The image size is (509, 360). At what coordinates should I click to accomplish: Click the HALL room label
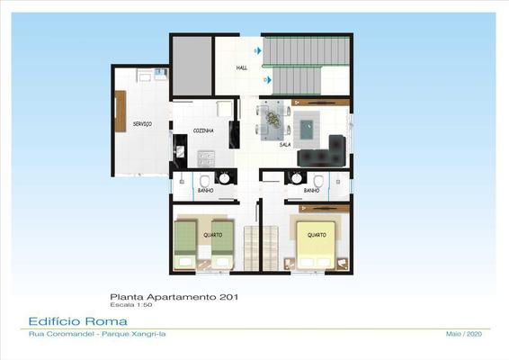[242, 67]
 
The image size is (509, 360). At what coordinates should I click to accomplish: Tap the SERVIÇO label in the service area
[142, 124]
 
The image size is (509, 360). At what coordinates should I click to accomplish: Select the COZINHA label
[203, 130]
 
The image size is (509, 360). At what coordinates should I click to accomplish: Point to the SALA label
[285, 145]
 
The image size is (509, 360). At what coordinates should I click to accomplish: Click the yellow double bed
[316, 245]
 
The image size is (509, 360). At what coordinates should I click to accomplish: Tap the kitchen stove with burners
[206, 158]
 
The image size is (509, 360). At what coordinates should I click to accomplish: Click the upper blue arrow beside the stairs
[258, 50]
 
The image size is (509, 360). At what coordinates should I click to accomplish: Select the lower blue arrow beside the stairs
[268, 79]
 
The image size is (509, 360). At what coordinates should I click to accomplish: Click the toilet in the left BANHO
[204, 181]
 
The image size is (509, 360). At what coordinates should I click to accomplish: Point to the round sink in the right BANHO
[296, 178]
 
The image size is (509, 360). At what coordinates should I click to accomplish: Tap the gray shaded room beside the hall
[192, 66]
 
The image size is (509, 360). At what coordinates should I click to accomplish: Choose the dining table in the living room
[272, 121]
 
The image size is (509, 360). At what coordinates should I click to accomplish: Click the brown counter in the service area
[121, 112]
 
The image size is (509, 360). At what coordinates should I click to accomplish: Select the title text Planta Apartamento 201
[174, 297]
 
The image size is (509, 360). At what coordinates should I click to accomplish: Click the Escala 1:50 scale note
[131, 305]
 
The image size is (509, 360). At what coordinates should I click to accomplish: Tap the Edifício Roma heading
[78, 321]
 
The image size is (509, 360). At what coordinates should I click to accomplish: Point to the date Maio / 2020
[464, 334]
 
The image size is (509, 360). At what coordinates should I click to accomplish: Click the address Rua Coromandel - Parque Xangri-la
[97, 334]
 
